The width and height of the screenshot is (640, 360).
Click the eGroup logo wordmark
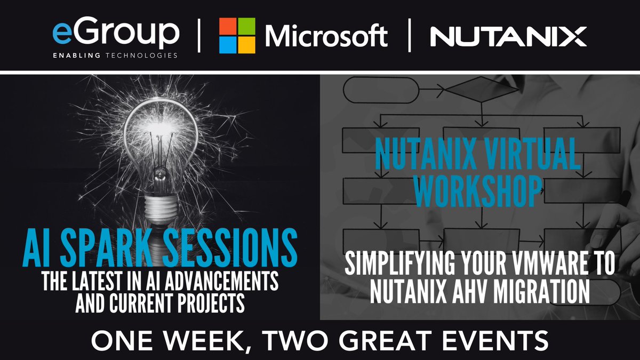(x=116, y=33)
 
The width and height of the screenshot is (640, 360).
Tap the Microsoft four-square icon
(x=237, y=35)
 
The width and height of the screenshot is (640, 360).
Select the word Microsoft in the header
(x=326, y=36)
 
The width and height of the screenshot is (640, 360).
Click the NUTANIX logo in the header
(x=508, y=36)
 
